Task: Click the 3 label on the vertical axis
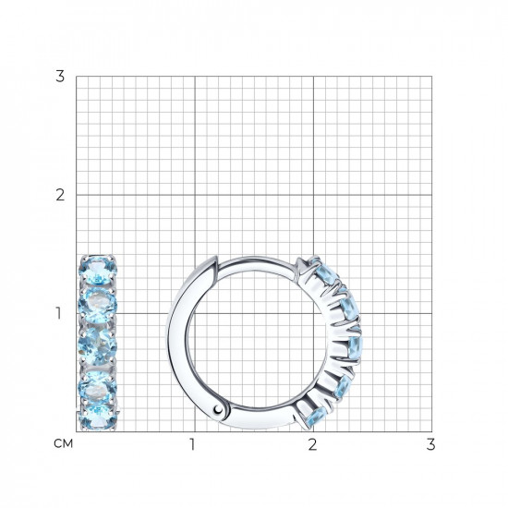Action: coord(60,77)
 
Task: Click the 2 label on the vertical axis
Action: coord(60,195)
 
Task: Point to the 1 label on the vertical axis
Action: coord(58,313)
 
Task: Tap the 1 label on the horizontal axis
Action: coord(192,444)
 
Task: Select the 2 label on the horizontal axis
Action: coord(312,444)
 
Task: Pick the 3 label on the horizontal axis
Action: coord(430,444)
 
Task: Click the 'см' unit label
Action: coord(64,443)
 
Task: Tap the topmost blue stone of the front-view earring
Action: coord(98,269)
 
